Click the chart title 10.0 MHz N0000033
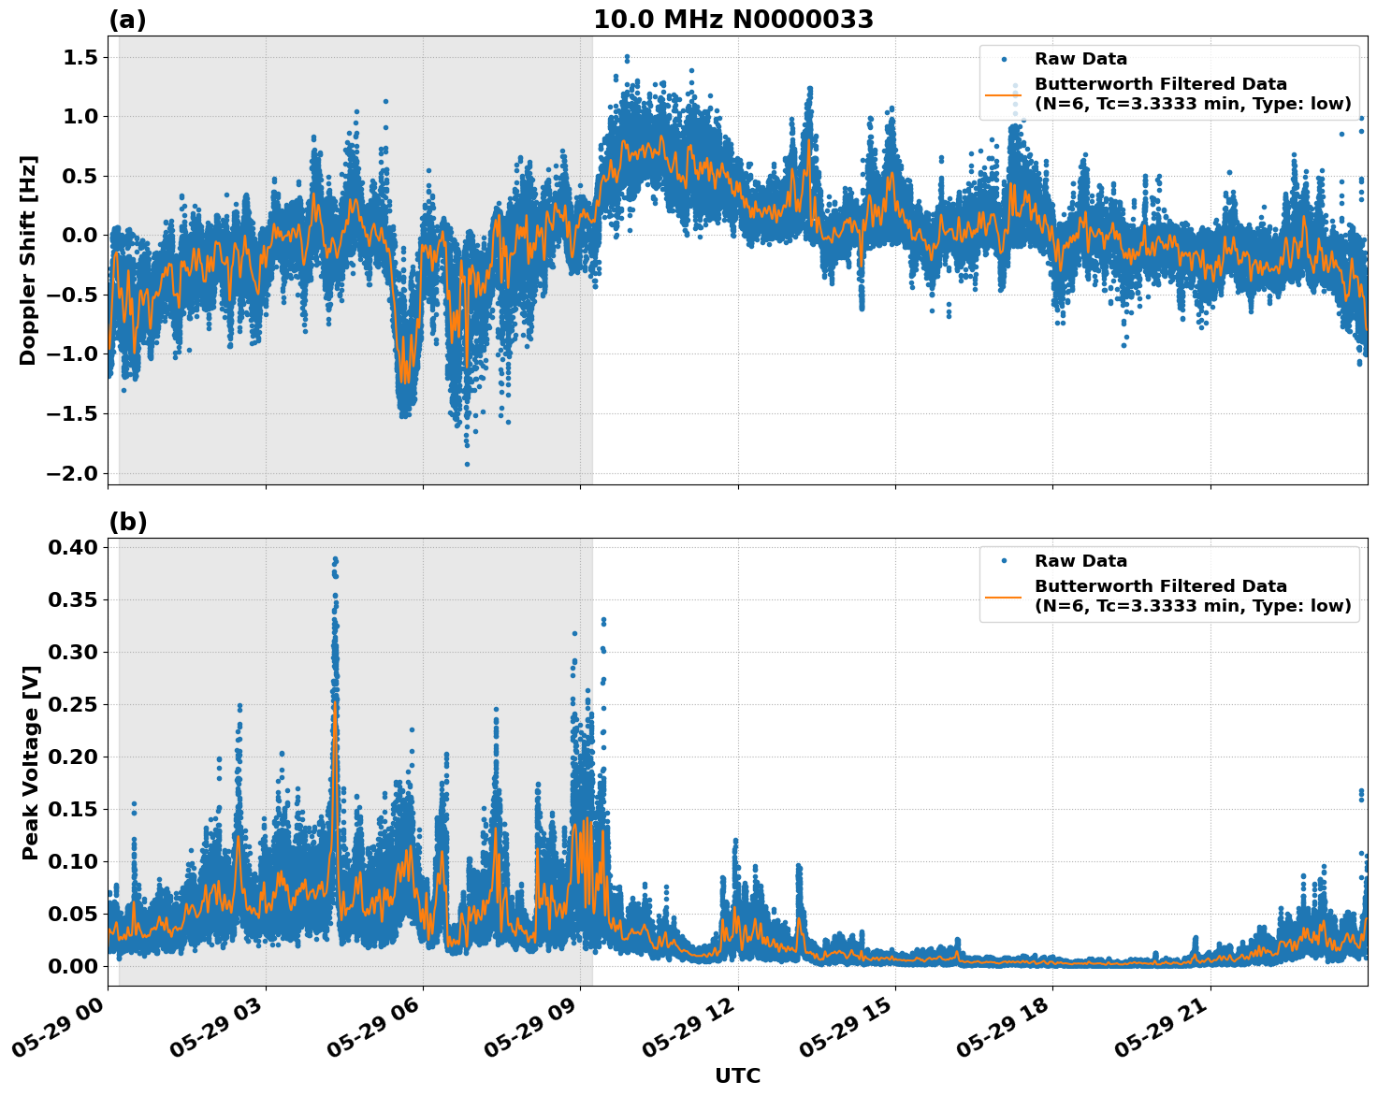click(733, 20)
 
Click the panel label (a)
click(127, 20)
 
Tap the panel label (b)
click(127, 522)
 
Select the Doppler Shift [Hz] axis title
click(28, 260)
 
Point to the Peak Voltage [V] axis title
click(30, 762)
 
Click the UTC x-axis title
click(737, 1075)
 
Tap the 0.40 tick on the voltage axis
click(74, 547)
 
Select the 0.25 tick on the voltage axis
click(74, 704)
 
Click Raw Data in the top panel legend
click(1080, 59)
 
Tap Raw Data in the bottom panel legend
click(1080, 561)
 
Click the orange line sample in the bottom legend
click(1004, 596)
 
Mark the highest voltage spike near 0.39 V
click(335, 559)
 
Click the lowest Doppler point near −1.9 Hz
click(467, 464)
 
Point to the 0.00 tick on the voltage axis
click(74, 966)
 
